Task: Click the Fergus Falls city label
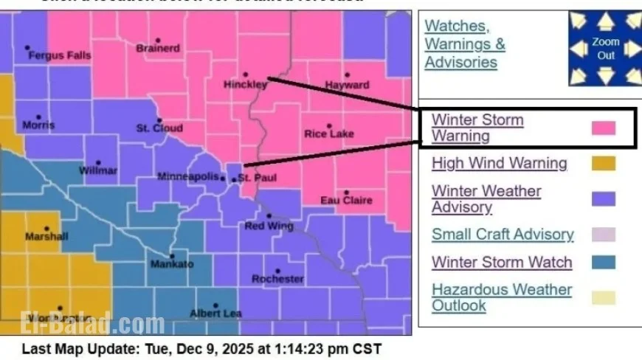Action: tap(59, 55)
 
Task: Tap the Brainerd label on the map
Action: tap(157, 48)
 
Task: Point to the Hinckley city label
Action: tap(245, 85)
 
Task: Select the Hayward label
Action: tap(346, 85)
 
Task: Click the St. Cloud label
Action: tap(159, 128)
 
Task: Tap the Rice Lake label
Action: tap(329, 134)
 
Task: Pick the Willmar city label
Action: tap(98, 170)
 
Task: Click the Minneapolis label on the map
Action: tap(188, 177)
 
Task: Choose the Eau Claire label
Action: tap(346, 200)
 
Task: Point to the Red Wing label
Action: tap(269, 226)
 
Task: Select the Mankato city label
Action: tap(172, 263)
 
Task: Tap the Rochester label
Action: tap(277, 279)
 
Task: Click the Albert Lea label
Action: tap(215, 313)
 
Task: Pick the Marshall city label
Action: tap(46, 237)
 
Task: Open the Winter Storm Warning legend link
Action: tap(477, 128)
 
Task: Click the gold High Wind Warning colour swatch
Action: tap(603, 163)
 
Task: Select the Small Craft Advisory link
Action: tap(503, 235)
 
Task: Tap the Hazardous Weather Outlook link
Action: tap(502, 297)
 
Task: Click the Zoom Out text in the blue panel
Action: tap(605, 49)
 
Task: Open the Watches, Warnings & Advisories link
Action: tap(465, 44)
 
